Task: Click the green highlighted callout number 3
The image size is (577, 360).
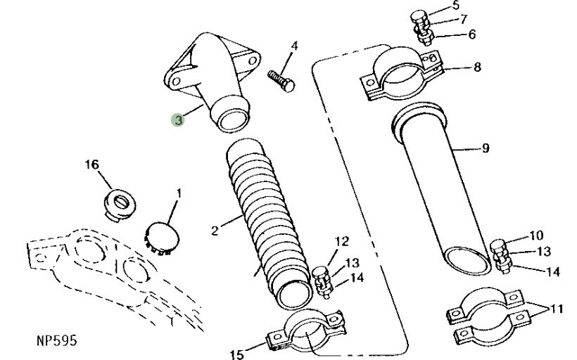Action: point(178,120)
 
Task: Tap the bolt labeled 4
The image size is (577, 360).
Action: point(281,81)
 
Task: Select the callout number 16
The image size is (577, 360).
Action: point(92,165)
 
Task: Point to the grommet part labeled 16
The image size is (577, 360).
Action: point(119,205)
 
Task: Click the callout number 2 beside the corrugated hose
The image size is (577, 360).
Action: point(215,231)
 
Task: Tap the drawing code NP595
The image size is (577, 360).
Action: point(57,340)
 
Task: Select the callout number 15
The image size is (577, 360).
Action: point(236,354)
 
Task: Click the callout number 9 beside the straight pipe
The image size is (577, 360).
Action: point(486,148)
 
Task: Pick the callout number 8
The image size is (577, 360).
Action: point(477,67)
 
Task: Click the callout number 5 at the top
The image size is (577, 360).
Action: point(455,6)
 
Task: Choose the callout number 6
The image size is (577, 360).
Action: point(471,34)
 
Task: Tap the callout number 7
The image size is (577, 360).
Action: point(463,19)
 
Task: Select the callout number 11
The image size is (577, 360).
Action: point(556,309)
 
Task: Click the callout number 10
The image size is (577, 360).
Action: point(536,236)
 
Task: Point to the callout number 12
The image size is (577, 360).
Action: point(342,242)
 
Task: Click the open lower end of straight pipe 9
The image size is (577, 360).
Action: point(467,261)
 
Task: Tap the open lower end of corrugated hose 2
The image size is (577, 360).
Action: point(294,295)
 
